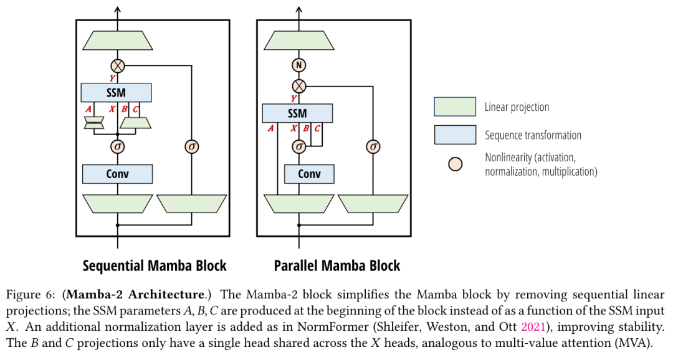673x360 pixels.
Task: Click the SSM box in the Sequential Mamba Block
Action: pos(116,93)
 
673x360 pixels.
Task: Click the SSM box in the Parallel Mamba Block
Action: pos(297,113)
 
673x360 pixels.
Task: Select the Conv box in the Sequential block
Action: pos(117,174)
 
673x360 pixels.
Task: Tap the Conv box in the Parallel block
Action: pos(309,174)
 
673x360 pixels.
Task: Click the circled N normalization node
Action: pos(299,65)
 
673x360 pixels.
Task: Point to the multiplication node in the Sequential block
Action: pos(118,66)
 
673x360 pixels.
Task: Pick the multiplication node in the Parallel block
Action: pos(299,86)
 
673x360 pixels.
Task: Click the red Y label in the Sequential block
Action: pos(112,78)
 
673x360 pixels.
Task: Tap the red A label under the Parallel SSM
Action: pos(270,128)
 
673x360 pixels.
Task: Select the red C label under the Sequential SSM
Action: pos(135,109)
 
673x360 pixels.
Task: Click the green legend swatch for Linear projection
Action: pos(455,107)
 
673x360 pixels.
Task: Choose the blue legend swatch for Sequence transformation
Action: pos(455,135)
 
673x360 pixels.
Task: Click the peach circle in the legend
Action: pos(456,164)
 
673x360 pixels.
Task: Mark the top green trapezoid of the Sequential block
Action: pos(118,40)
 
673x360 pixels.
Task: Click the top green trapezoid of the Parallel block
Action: pos(299,40)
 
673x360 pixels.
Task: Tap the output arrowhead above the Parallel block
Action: pos(299,9)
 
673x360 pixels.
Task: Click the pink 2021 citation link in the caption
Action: pos(533,327)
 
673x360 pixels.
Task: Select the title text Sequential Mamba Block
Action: pos(155,265)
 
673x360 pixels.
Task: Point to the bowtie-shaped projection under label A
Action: pos(95,123)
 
